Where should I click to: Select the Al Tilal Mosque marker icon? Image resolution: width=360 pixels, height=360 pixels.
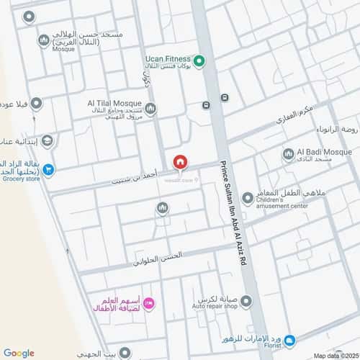pyautogui.click(x=150, y=109)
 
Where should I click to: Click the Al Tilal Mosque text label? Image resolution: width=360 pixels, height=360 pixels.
pyautogui.click(x=114, y=104)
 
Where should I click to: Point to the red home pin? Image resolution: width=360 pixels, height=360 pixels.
pyautogui.click(x=180, y=162)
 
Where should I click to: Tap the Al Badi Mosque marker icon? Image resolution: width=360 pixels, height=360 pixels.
pyautogui.click(x=289, y=153)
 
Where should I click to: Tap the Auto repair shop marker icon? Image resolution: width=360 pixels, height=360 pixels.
pyautogui.click(x=246, y=302)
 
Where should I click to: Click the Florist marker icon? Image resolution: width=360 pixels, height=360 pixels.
pyautogui.click(x=289, y=340)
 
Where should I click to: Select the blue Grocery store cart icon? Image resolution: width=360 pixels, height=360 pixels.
pyautogui.click(x=48, y=170)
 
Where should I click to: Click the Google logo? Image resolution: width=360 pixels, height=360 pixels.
pyautogui.click(x=19, y=352)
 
